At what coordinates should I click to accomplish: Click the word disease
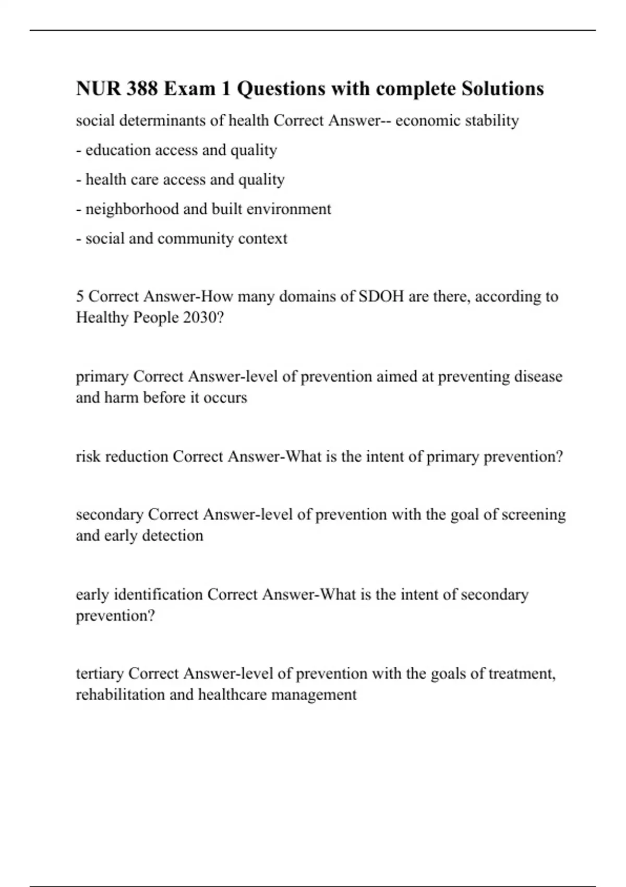tap(538, 376)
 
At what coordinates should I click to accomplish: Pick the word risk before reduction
tap(89, 457)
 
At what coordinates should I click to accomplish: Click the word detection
tap(173, 535)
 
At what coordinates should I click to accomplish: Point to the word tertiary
tap(100, 674)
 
